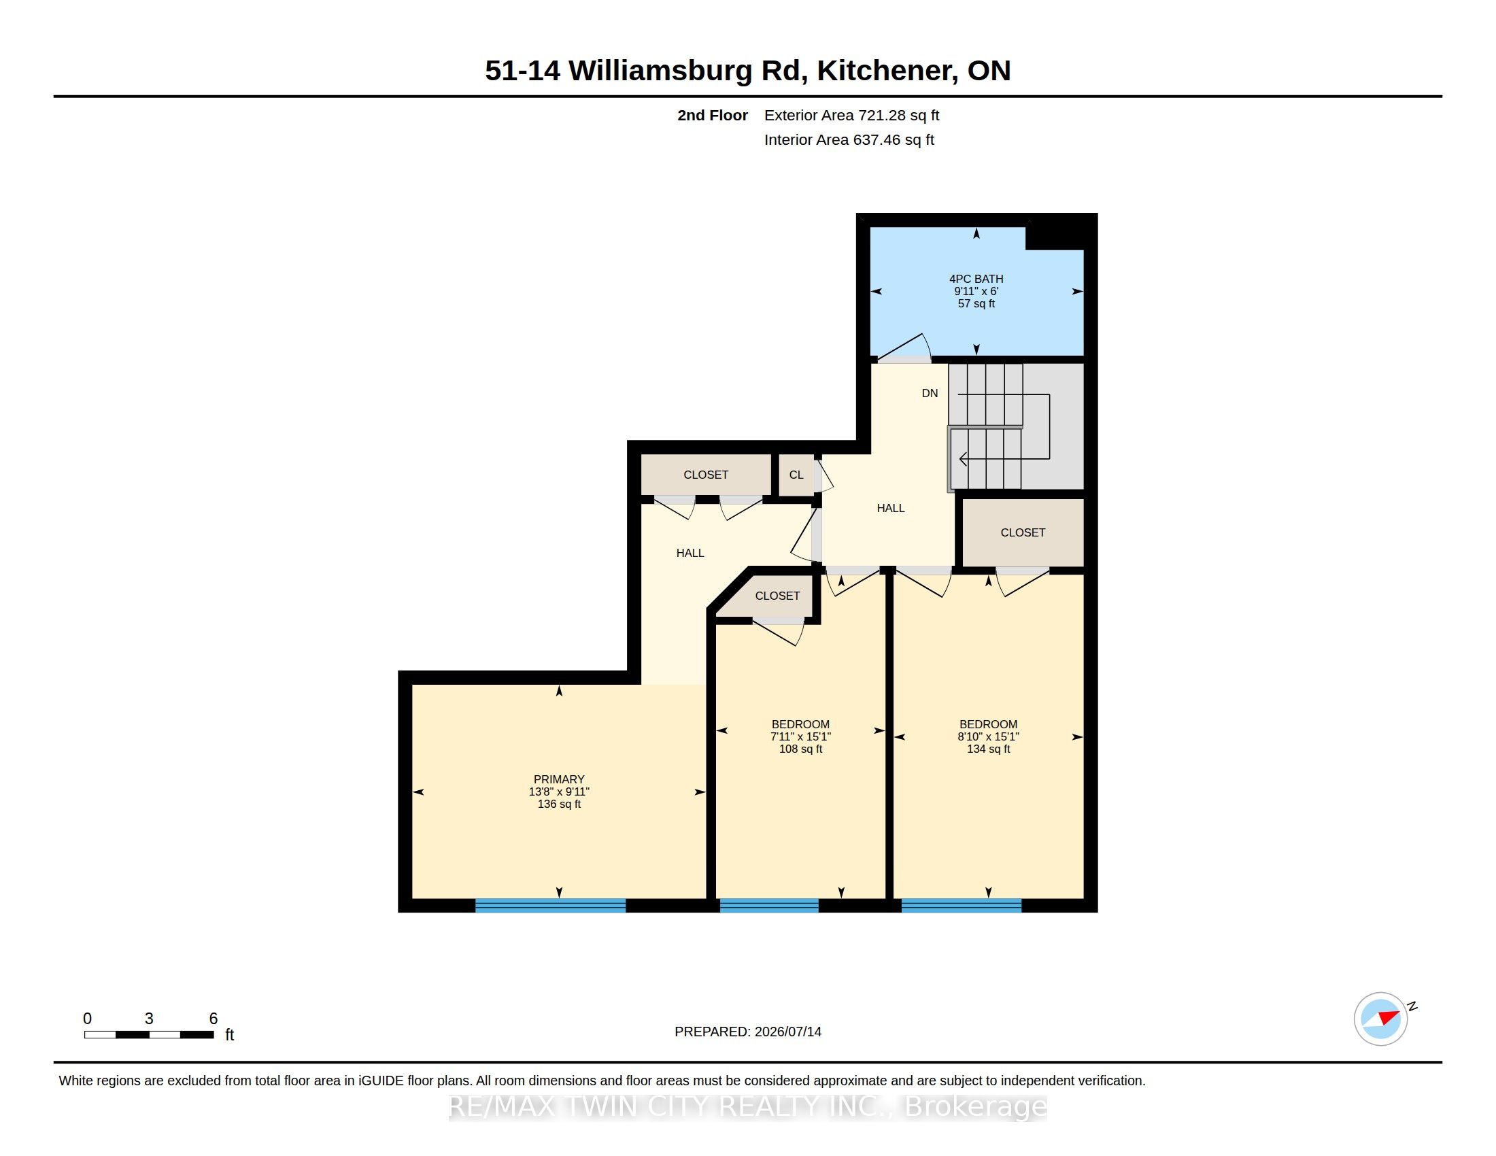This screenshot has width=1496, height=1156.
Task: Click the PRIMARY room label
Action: [559, 779]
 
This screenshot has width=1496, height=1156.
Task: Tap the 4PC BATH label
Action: [976, 279]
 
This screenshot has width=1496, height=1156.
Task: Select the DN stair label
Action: [930, 393]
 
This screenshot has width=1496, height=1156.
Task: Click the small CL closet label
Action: [796, 475]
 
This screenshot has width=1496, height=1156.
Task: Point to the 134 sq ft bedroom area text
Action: [989, 749]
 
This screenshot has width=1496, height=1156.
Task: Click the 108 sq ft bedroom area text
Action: [801, 749]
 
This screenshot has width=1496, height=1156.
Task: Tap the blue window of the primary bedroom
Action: [551, 905]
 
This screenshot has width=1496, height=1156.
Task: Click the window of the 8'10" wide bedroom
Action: [962, 905]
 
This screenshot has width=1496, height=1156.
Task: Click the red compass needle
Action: [1389, 1017]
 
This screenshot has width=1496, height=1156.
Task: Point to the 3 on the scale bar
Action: [149, 1019]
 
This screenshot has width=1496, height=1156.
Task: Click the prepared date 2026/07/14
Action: [787, 1032]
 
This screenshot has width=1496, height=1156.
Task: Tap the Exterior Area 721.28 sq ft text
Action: [851, 116]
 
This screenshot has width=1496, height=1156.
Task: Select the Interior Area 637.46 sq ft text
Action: [849, 139]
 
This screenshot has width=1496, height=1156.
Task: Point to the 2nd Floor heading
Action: [713, 116]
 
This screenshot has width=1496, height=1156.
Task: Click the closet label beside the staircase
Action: [1023, 532]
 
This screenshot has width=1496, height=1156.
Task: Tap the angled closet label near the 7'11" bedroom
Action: [777, 596]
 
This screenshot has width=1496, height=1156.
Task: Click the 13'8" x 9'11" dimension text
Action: [559, 792]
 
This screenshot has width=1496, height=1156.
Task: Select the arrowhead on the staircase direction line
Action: [963, 459]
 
